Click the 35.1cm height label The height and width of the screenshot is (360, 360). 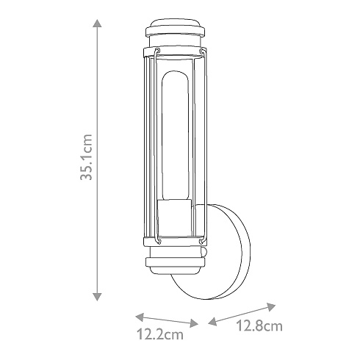[x=87, y=157]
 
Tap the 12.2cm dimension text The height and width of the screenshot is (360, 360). [x=160, y=334]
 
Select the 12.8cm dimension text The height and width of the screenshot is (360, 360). [x=259, y=326]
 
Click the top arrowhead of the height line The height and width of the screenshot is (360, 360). [x=98, y=24]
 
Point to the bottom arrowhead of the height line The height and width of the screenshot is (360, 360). [x=98, y=296]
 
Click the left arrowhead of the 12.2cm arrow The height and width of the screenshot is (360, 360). [x=140, y=317]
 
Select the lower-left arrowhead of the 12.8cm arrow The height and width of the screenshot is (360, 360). [x=212, y=321]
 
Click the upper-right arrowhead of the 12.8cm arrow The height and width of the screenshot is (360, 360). [x=271, y=306]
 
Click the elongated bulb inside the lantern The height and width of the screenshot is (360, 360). [x=175, y=136]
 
